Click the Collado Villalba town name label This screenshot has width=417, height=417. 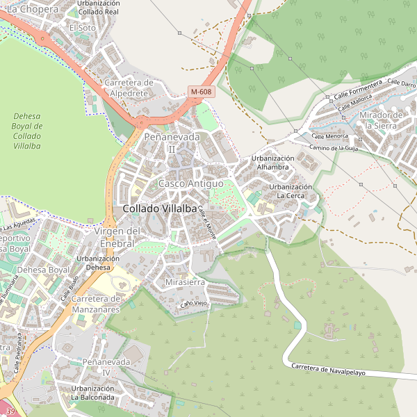click(x=160, y=208)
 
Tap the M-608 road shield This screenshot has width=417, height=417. click(x=201, y=92)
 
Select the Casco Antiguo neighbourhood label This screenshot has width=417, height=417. click(x=190, y=183)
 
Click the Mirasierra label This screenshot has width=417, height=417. click(x=186, y=283)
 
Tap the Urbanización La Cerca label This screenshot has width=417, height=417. click(x=291, y=191)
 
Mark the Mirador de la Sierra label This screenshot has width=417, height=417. click(x=382, y=120)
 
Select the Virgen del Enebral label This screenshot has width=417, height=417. click(x=117, y=236)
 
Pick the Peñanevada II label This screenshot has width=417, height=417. click(x=172, y=142)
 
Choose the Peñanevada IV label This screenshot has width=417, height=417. click(x=106, y=368)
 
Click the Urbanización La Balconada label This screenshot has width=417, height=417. click(x=92, y=393)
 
